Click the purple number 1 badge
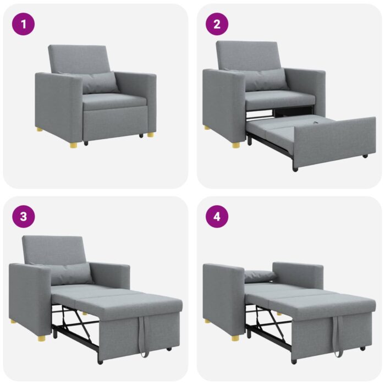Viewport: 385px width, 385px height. [x=23, y=24]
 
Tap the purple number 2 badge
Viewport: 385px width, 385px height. [x=217, y=24]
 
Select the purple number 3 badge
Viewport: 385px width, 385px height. [x=23, y=216]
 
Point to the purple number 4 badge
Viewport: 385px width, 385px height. [x=217, y=216]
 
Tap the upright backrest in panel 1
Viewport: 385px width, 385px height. [x=80, y=58]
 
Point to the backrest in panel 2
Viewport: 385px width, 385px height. [x=248, y=55]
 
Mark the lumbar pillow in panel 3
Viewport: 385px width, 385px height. [x=71, y=273]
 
